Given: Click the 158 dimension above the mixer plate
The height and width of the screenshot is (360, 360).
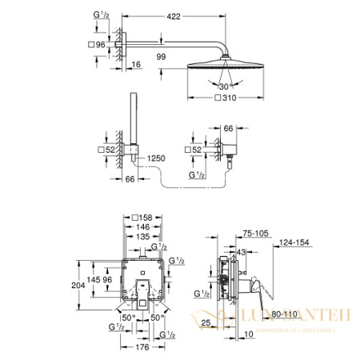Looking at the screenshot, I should click(144, 218).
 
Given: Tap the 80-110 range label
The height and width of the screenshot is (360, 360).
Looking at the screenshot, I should click(280, 316).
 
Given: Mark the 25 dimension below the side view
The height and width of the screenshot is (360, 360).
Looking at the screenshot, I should click(206, 323).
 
